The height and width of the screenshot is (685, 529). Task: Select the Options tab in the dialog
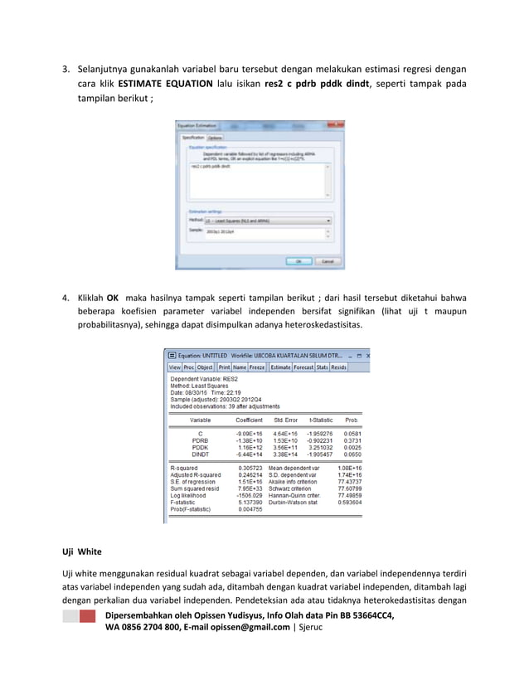[214, 138]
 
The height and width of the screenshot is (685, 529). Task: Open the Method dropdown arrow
[328, 221]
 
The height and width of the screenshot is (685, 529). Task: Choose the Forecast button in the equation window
[303, 367]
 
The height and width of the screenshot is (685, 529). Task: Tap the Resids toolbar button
[338, 367]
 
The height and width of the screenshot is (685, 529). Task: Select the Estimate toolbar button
[280, 367]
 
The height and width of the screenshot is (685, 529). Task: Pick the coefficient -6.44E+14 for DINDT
[249, 454]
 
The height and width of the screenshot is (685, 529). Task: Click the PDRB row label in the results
[200, 440]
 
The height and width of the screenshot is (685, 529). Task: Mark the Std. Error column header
[286, 420]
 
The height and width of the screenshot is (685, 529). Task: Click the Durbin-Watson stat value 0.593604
[350, 502]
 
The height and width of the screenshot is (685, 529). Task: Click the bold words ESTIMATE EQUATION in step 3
[165, 84]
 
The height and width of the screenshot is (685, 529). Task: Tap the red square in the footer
[87, 618]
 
